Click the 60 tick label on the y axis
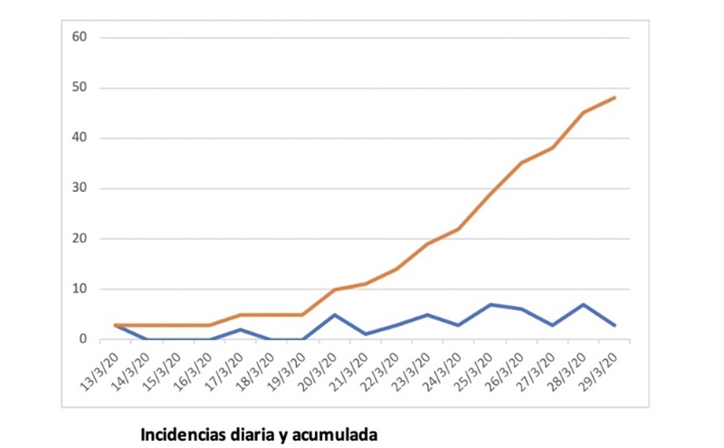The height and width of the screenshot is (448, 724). coord(80,37)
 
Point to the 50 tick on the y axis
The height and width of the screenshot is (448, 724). coord(80,88)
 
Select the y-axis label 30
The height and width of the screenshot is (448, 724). coord(80,188)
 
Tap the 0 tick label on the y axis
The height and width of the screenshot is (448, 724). coord(82,339)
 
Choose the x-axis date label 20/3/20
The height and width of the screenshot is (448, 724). coord(319,363)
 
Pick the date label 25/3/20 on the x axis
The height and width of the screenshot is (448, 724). coord(475,363)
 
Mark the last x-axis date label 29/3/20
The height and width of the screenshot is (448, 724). coord(600,363)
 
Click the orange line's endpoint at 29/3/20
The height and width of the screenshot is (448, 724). coord(615,98)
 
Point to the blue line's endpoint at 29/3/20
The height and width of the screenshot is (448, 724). coord(615,324)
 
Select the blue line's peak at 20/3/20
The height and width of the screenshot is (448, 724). coord(335,315)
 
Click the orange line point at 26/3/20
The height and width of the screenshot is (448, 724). coord(522,163)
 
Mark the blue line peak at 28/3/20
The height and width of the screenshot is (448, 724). coord(585,305)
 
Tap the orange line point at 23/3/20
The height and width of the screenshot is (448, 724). coord(428,243)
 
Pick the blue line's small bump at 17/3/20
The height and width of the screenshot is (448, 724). coord(241,329)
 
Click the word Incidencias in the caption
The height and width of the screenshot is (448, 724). coord(182,434)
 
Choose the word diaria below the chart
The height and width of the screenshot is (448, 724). coord(248,434)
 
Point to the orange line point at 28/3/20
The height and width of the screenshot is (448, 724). coord(585,112)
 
